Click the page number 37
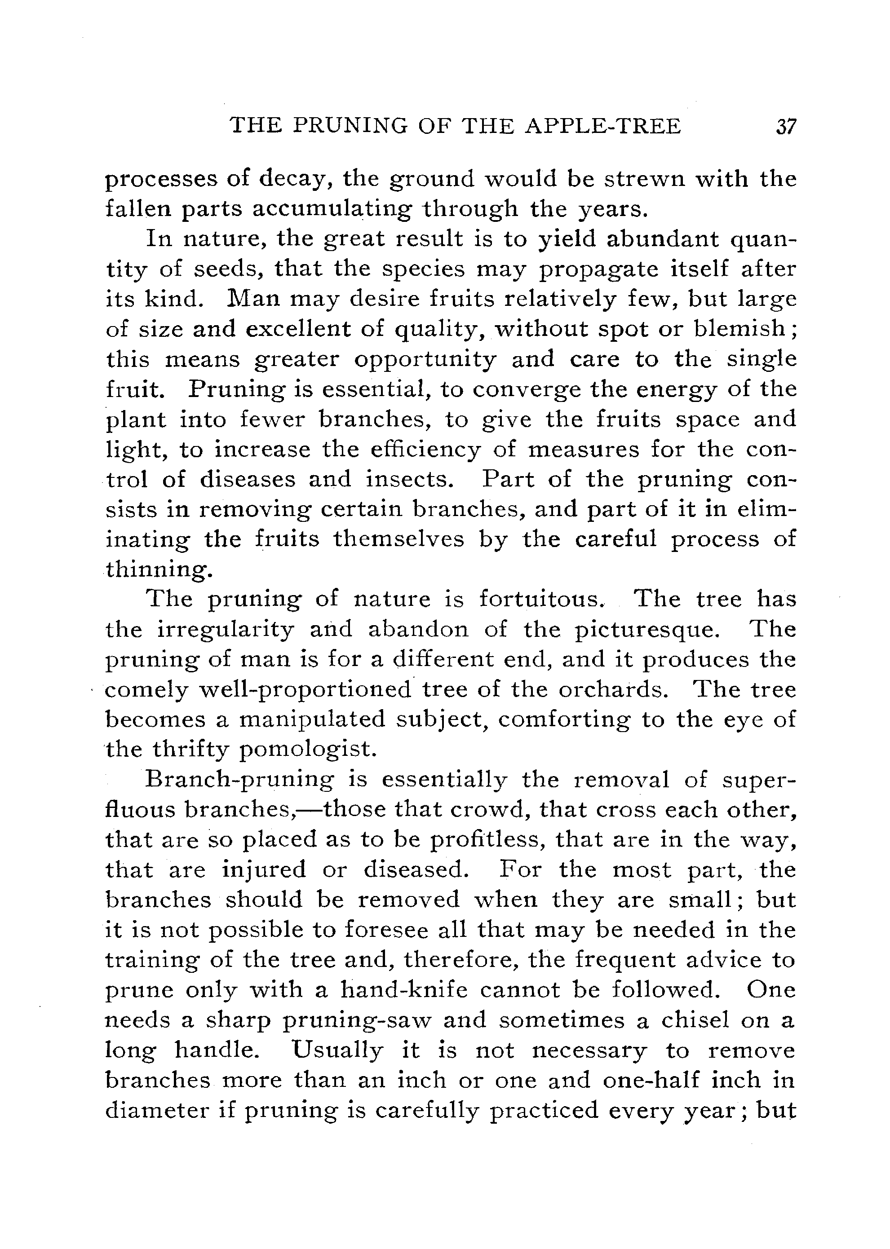pos(785,127)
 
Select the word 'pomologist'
pos(309,750)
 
